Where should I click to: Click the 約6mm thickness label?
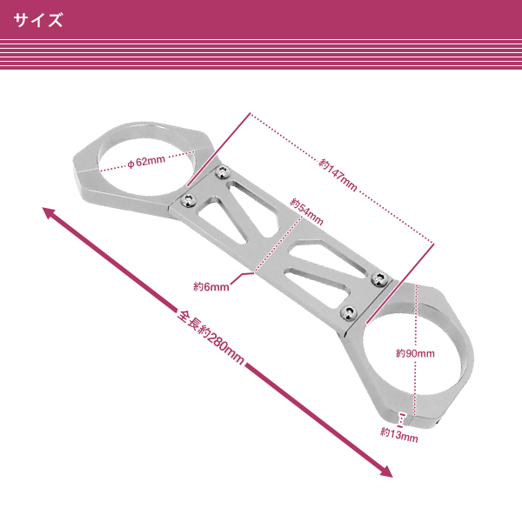(211, 284)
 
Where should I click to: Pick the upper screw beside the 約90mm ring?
(379, 278)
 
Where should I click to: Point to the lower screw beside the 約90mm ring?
(349, 311)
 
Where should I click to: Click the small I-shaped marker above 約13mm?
(401, 418)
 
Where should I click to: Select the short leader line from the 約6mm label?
(243, 278)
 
